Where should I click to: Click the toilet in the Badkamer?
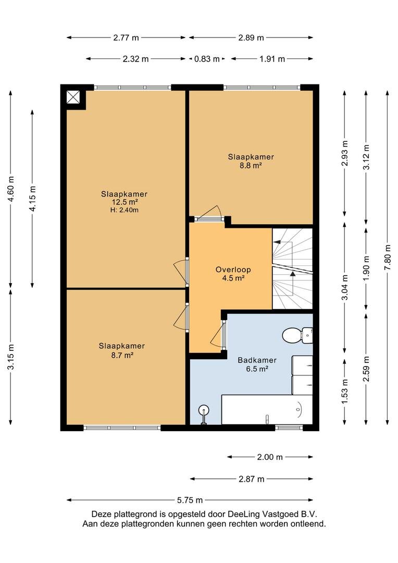(x=297, y=335)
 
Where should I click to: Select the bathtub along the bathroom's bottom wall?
(x=267, y=410)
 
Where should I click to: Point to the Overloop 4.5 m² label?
(x=233, y=274)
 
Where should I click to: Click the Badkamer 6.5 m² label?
(x=257, y=364)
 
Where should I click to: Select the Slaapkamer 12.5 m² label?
(x=124, y=198)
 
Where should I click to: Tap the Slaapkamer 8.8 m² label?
(x=251, y=161)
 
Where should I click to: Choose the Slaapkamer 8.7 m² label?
(x=122, y=350)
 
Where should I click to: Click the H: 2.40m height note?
(x=124, y=210)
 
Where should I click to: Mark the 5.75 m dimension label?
(x=190, y=500)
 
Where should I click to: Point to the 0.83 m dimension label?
(x=207, y=59)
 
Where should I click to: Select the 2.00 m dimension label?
(x=270, y=457)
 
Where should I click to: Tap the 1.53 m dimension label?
(x=345, y=391)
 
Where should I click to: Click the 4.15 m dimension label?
(x=33, y=199)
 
